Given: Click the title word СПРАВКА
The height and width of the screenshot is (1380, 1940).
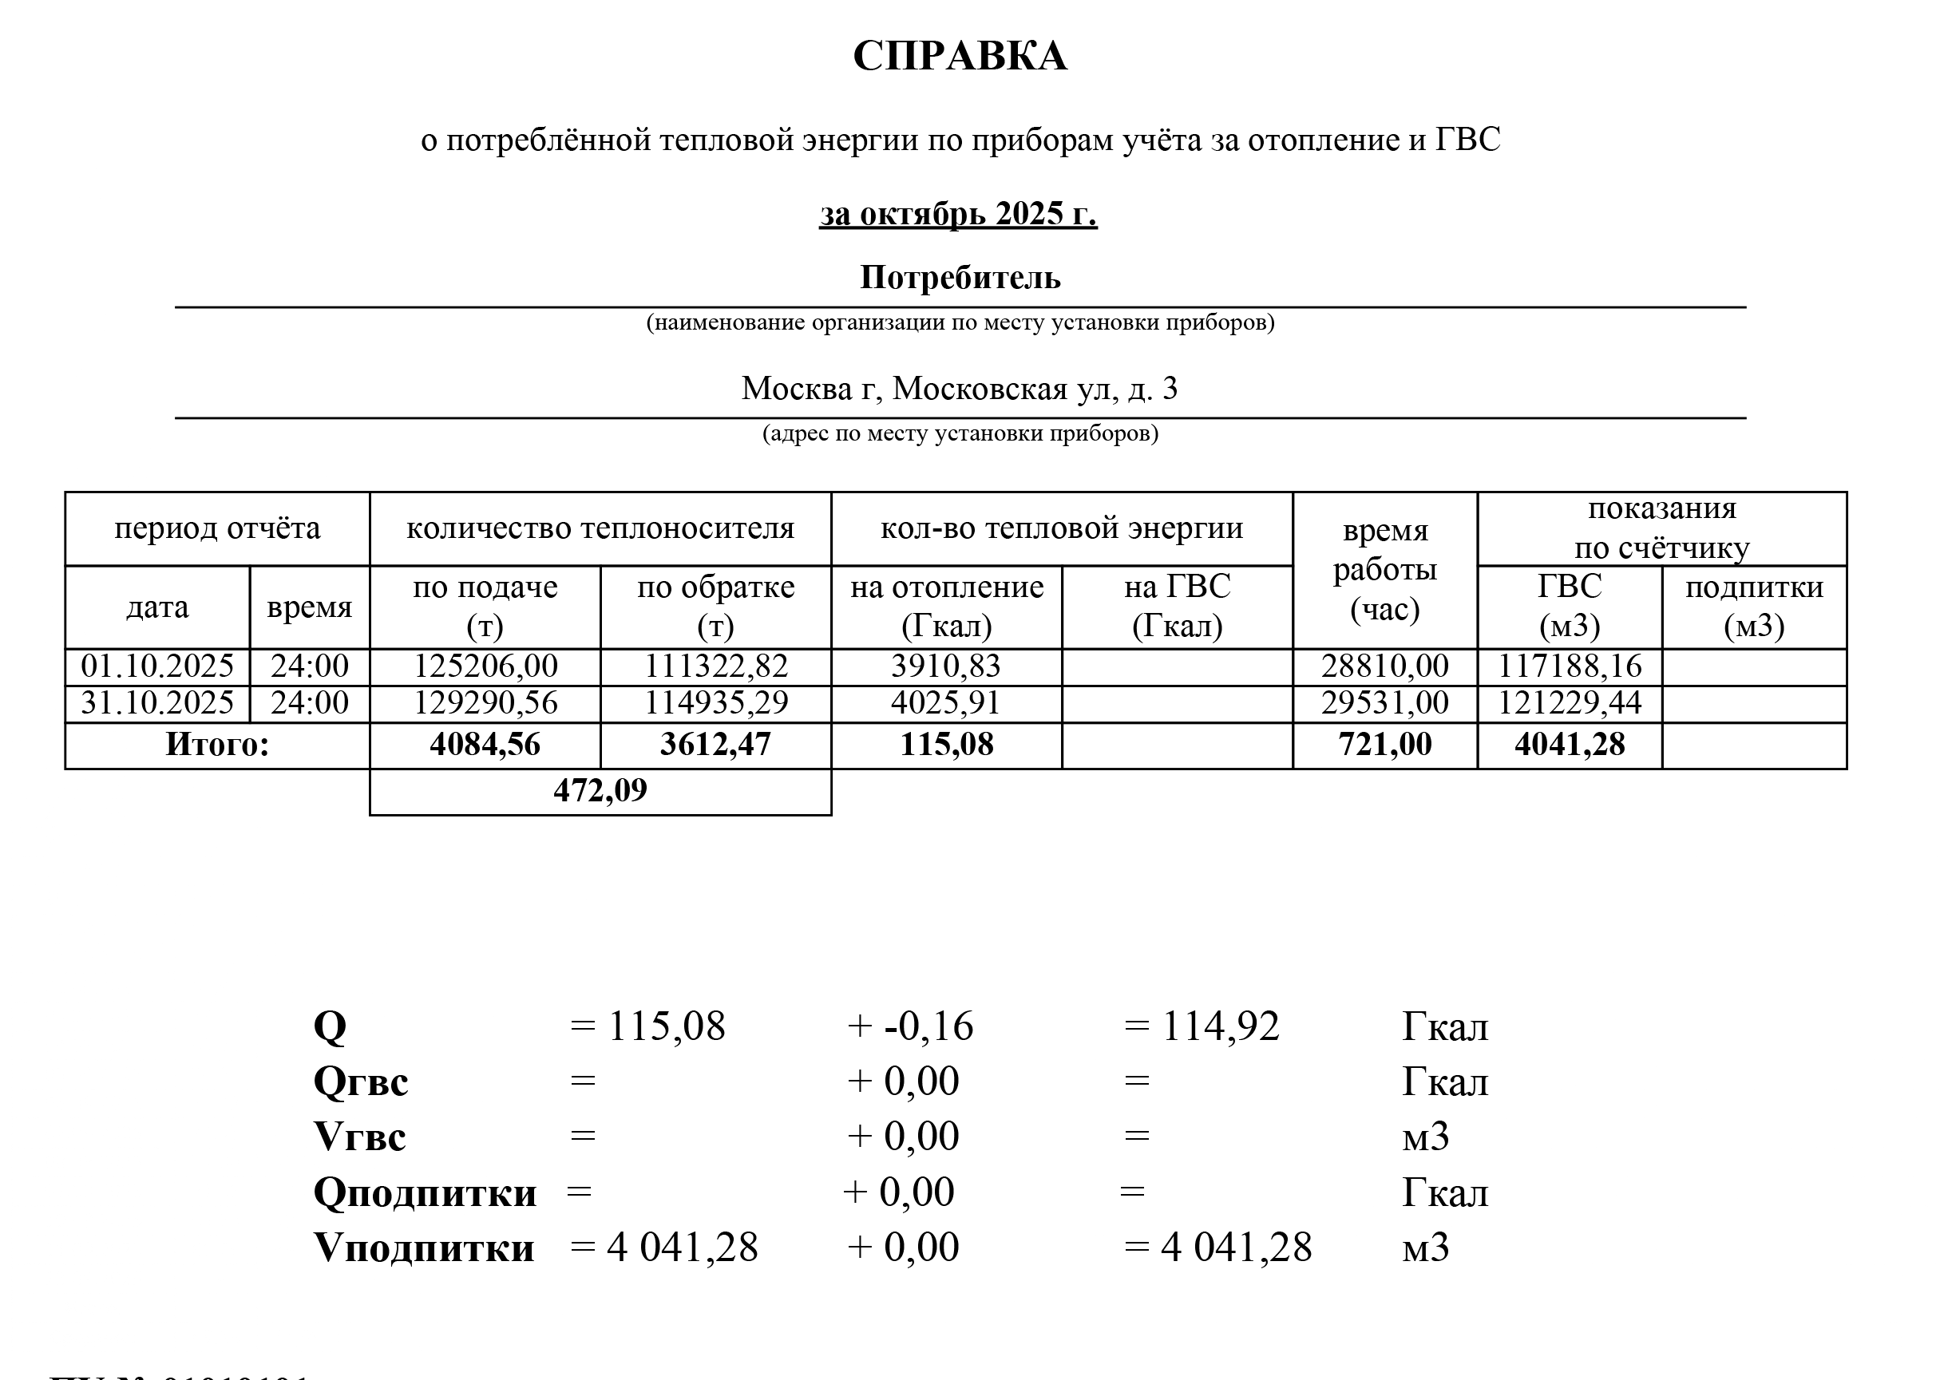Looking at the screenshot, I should click(960, 57).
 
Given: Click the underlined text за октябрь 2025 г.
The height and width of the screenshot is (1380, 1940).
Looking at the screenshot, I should click(958, 213).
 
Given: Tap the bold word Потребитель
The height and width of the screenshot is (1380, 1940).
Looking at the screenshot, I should click(960, 278).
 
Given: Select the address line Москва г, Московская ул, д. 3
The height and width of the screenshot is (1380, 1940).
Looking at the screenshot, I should click(960, 389).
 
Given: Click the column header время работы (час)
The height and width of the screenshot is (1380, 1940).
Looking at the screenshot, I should click(1384, 569).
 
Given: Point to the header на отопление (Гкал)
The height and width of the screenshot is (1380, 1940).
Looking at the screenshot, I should click(946, 607).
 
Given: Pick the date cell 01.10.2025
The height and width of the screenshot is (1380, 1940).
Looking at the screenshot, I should click(157, 666).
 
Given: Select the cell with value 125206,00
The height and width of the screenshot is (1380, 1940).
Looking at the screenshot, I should click(485, 666).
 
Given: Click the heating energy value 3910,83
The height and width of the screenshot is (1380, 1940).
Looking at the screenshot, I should click(946, 666).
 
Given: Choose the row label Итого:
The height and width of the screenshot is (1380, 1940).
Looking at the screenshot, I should click(216, 745).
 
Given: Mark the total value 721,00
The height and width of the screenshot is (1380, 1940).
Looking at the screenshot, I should click(1384, 745).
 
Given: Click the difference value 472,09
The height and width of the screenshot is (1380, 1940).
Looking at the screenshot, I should click(600, 791).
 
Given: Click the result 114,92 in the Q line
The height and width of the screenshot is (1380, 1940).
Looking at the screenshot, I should click(1219, 1026).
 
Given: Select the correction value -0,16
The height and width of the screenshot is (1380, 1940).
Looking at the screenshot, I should click(928, 1026).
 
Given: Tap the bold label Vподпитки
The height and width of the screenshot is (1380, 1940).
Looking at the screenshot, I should click(424, 1248).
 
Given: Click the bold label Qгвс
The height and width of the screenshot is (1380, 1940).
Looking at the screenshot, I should click(360, 1082).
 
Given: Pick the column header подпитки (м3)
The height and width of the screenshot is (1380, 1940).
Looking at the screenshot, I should click(1754, 607).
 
